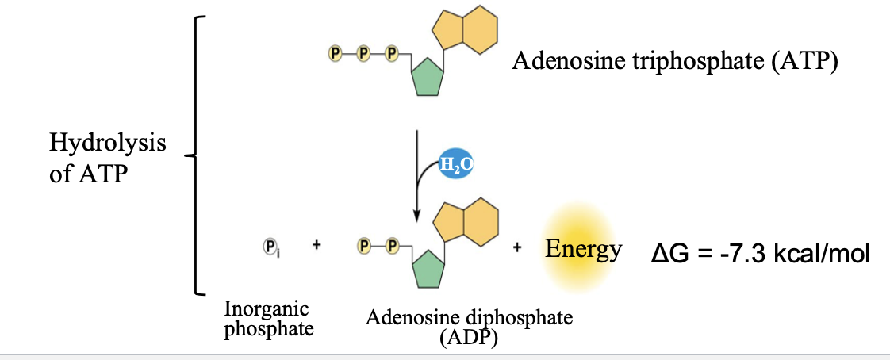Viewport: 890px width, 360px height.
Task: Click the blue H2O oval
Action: point(455,166)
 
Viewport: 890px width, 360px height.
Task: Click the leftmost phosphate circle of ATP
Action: point(335,54)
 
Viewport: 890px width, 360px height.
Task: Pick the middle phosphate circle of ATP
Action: point(363,54)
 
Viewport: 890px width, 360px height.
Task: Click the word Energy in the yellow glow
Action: point(583,250)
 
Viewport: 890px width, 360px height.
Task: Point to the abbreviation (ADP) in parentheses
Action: point(467,339)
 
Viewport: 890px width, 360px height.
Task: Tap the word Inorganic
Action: point(267,308)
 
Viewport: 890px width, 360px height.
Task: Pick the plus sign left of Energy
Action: point(517,247)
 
